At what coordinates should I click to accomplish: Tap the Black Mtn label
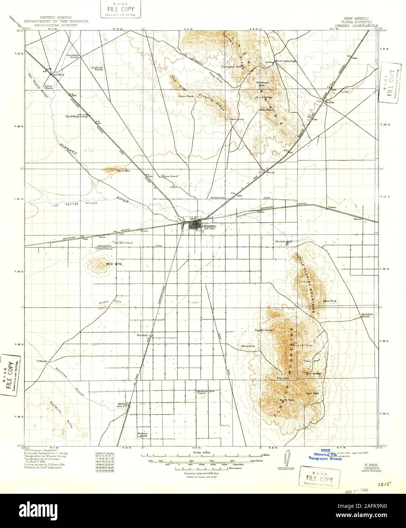tap(124, 171)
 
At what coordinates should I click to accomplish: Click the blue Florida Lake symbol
tap(288, 244)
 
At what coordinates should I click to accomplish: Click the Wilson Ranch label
tap(169, 176)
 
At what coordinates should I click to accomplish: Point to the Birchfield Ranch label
tap(365, 315)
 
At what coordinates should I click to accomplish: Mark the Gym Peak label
tap(313, 393)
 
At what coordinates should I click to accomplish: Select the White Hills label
tap(249, 346)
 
